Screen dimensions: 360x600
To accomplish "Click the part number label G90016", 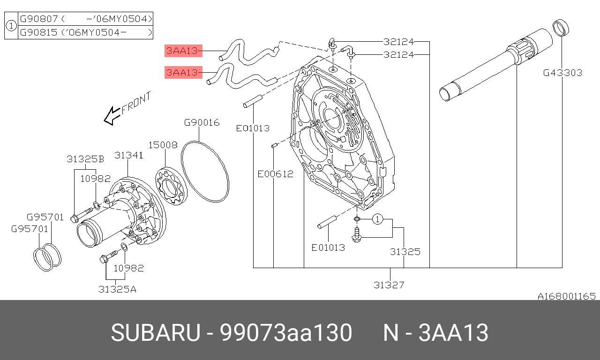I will pyautogui.click(x=202, y=123).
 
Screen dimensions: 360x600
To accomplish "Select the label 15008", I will pyautogui.click(x=163, y=145).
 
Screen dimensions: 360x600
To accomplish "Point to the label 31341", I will pyautogui.click(x=129, y=155).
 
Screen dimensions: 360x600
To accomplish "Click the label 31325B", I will pyautogui.click(x=85, y=159).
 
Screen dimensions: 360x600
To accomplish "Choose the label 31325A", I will pyautogui.click(x=117, y=289).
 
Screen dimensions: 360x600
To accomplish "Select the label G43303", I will pyautogui.click(x=562, y=73).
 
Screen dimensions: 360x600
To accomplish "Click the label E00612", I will pyautogui.click(x=275, y=174).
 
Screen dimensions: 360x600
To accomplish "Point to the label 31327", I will pyautogui.click(x=389, y=285).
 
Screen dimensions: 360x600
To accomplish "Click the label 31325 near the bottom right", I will pyautogui.click(x=405, y=252).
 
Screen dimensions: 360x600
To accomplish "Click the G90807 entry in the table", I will pyautogui.click(x=39, y=19).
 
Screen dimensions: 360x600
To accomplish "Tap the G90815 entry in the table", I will pyautogui.click(x=39, y=32).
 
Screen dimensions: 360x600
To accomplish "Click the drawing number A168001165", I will pyautogui.click(x=566, y=296).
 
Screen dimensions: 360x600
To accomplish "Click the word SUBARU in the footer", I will pyautogui.click(x=155, y=333).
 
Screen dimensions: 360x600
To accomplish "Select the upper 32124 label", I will pyautogui.click(x=398, y=41).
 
